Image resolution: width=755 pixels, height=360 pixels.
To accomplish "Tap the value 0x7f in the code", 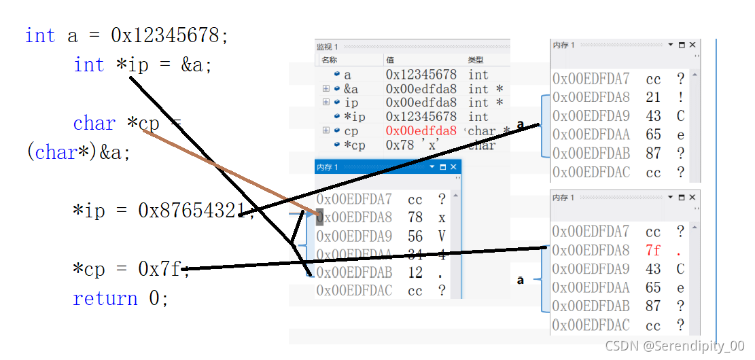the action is [160, 270].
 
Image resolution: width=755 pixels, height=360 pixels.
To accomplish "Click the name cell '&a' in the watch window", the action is [351, 89].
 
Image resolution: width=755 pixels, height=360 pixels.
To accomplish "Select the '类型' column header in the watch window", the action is [476, 60].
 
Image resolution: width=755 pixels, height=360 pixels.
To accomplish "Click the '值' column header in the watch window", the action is [390, 60].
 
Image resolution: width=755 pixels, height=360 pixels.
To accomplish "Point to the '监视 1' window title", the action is [327, 47].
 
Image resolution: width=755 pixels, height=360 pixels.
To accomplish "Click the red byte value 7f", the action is [653, 251].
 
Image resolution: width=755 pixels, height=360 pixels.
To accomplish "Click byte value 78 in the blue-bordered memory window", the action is [415, 218].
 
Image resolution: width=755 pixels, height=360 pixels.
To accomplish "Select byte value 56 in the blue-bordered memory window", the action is [415, 237].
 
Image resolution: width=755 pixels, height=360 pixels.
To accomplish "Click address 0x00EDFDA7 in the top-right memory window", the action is [591, 79].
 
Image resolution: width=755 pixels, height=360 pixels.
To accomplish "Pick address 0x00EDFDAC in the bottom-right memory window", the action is [591, 325].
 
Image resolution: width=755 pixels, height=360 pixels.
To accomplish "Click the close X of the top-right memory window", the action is [692, 45].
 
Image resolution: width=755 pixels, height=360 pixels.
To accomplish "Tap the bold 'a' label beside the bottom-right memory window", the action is [521, 280].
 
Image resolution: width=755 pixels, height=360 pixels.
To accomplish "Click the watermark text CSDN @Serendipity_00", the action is [674, 346].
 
